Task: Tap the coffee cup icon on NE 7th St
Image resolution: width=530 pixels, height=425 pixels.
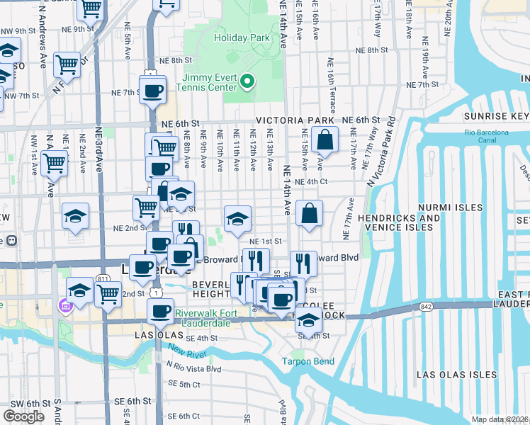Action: click(153, 90)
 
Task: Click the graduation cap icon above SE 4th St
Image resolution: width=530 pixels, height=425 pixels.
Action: click(308, 319)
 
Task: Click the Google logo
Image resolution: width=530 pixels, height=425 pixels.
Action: click(23, 416)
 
